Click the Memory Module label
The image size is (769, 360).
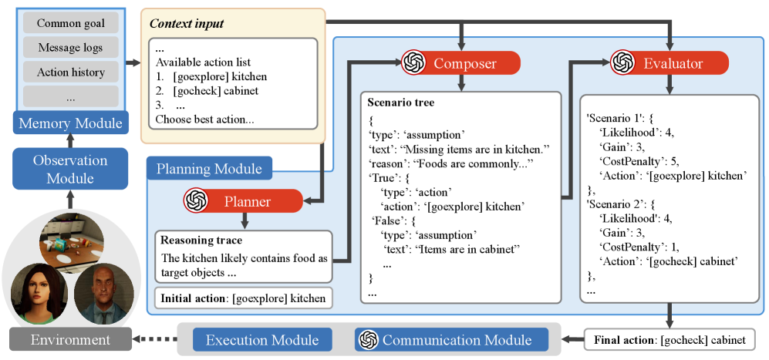coord(70,123)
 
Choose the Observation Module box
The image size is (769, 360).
coord(70,168)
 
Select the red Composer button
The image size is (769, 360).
coord(452,62)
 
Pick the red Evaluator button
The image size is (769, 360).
coord(669,62)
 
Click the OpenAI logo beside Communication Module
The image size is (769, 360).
coord(369,340)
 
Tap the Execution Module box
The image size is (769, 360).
coord(261,340)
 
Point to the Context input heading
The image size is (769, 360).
coord(187,24)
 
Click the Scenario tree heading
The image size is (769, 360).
coord(402,102)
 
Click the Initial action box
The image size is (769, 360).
coord(243,298)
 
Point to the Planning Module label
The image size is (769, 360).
coord(208,168)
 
